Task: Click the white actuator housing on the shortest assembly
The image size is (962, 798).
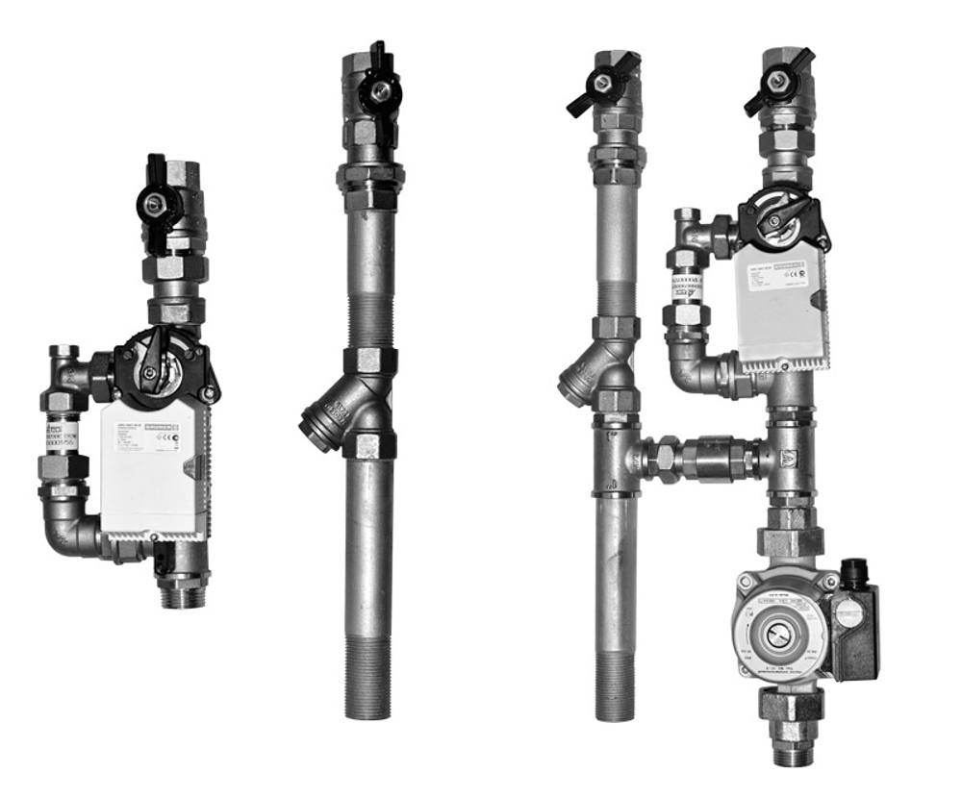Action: (x=153, y=471)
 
